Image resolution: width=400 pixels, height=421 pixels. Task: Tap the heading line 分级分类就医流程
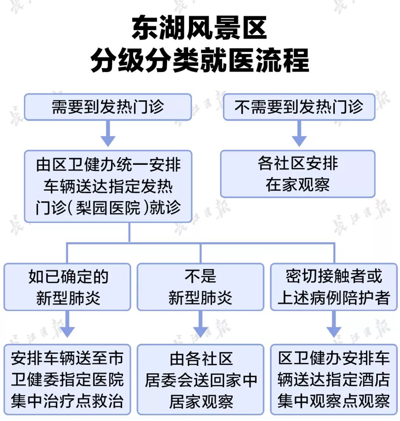[x=200, y=60]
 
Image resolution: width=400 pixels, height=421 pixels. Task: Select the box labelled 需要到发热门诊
[x=108, y=107]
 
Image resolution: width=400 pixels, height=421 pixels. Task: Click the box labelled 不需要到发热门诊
[x=299, y=107]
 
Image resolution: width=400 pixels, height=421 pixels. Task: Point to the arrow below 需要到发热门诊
[x=108, y=134]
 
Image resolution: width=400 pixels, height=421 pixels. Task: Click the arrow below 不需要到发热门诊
[x=299, y=134]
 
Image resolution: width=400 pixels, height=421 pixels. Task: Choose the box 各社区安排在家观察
[x=298, y=174]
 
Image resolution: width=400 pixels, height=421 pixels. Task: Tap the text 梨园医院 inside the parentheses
[x=108, y=207]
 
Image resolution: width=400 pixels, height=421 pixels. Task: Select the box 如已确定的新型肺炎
[x=67, y=287]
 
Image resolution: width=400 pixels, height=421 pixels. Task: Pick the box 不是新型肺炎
[x=200, y=287]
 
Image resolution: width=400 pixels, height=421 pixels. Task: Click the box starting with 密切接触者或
[x=334, y=287]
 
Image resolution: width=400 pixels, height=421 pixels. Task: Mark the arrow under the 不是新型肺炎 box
[x=200, y=325]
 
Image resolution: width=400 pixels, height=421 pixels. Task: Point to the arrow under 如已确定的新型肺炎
[x=67, y=325]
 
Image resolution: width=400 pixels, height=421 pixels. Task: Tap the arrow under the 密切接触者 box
[x=334, y=325]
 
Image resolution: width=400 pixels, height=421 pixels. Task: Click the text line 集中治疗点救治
[x=67, y=401]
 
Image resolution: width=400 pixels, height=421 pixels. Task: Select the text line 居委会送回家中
[x=200, y=380]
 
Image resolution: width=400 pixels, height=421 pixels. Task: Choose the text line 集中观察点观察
[x=334, y=401]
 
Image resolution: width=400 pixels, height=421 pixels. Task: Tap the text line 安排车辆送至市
[x=67, y=358]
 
